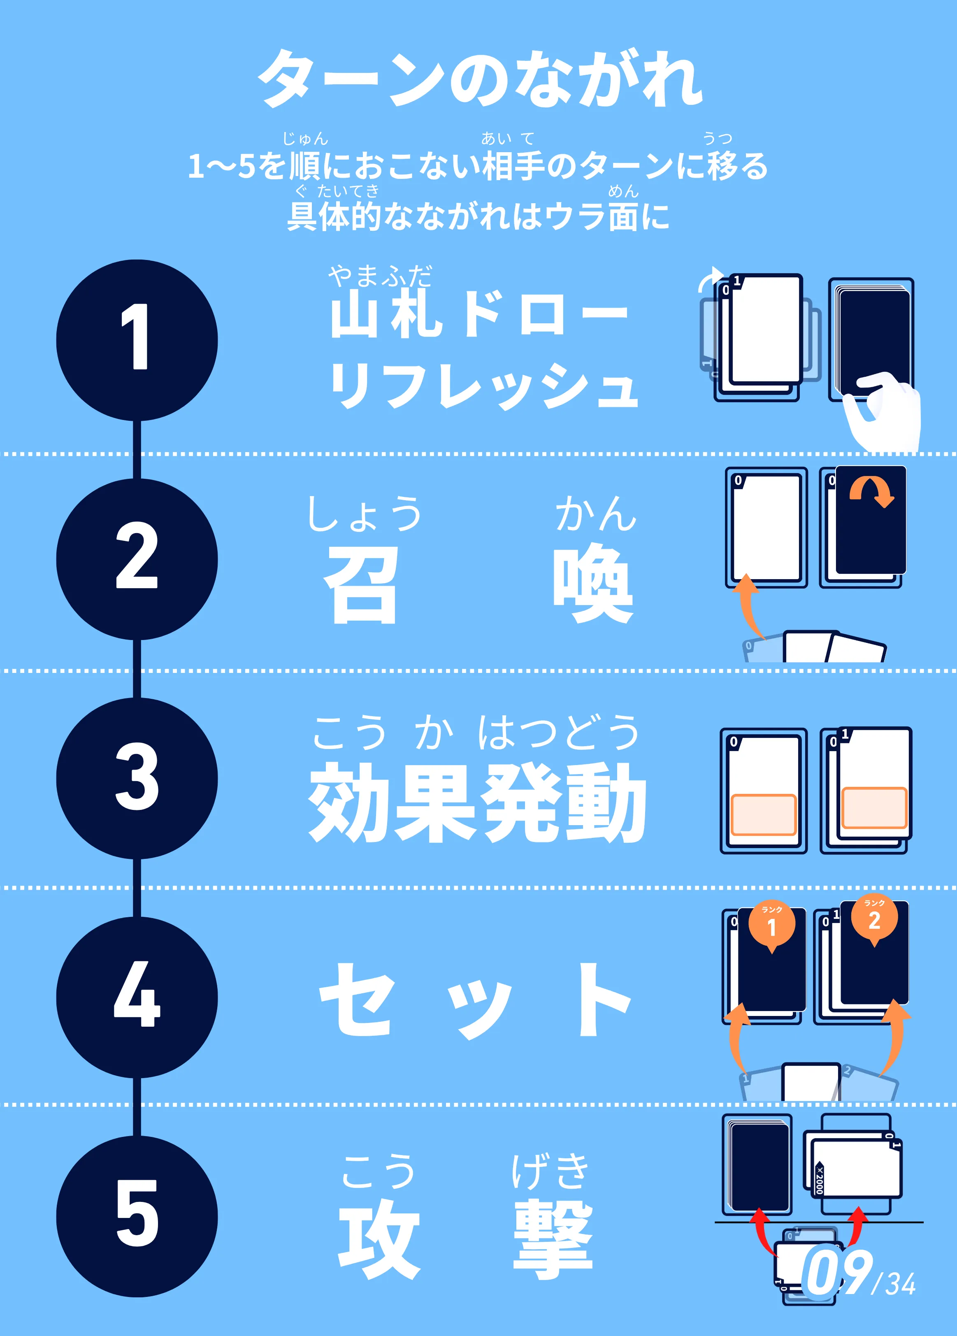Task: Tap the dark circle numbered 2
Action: click(137, 559)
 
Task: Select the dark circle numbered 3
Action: click(137, 778)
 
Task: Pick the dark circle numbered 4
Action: click(137, 997)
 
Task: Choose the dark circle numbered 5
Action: click(137, 1216)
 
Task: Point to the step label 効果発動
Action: click(477, 803)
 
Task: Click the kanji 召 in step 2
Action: click(361, 584)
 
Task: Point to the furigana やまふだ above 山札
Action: click(380, 275)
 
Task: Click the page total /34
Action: click(894, 1284)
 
